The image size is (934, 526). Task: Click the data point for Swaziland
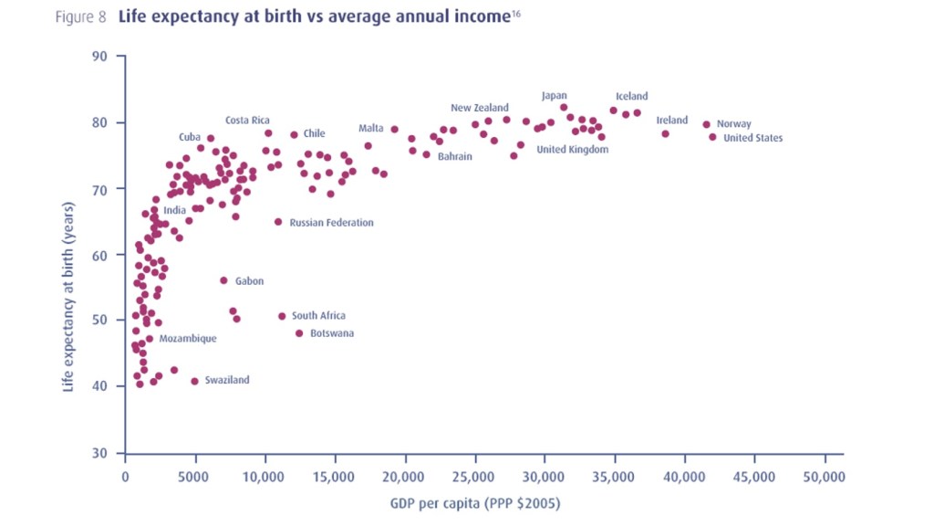[194, 381]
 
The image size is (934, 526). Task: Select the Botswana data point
[299, 333]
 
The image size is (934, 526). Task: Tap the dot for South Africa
[282, 316]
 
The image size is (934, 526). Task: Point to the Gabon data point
[223, 280]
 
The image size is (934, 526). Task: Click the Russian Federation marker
[278, 222]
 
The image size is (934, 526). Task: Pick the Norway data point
[706, 124]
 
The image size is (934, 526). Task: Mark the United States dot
[712, 137]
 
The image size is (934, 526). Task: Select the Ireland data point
[665, 133]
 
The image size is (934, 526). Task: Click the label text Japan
[555, 96]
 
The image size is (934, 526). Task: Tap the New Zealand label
[480, 109]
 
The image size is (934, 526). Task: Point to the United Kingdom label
[572, 150]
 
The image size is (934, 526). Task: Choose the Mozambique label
[188, 339]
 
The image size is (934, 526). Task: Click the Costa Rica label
[247, 121]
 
